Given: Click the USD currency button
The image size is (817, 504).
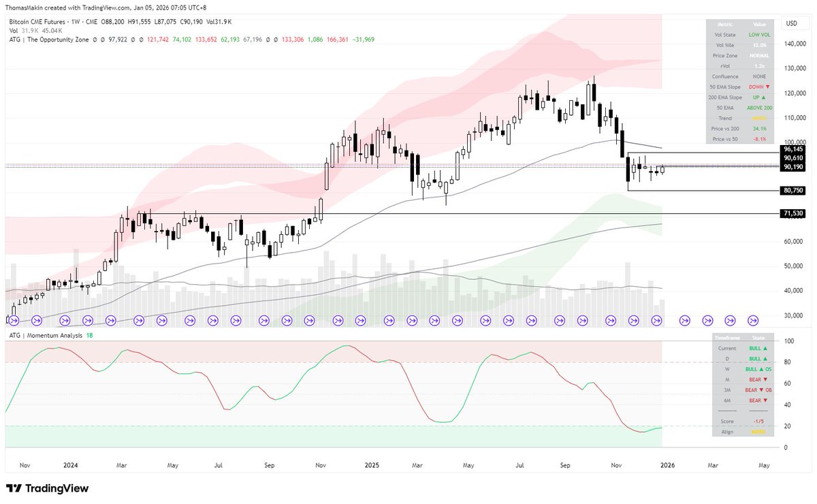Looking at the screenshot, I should coord(791,23).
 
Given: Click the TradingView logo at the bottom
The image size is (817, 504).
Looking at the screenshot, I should coord(48,488).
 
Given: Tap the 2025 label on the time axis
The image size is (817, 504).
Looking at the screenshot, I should coord(372,465).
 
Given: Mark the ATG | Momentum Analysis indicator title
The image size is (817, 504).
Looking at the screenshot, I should coord(46,336).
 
